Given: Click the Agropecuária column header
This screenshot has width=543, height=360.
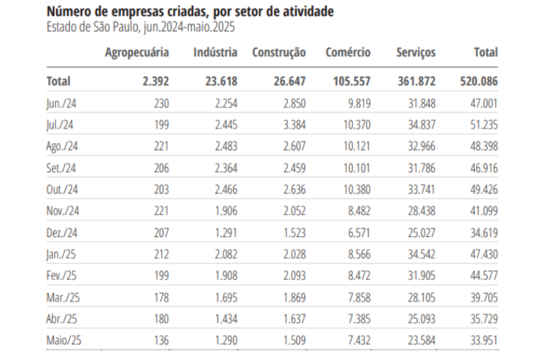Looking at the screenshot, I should (137, 52).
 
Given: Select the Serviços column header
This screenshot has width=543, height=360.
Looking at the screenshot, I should (415, 52).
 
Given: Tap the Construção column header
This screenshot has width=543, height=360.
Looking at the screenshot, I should (278, 52).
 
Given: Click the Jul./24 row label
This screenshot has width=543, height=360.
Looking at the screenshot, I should (61, 125).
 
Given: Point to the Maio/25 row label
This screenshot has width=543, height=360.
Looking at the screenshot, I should (64, 341).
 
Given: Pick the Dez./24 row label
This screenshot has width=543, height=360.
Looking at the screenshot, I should (63, 233).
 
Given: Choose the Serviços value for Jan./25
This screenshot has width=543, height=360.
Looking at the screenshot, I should (421, 255).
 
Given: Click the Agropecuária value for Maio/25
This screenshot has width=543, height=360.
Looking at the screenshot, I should (160, 341).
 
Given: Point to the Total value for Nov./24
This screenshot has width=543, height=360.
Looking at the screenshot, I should (483, 212).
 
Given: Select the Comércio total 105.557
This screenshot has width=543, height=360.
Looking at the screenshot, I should (349, 81).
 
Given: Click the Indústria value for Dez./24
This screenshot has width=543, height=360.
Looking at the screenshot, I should (225, 233).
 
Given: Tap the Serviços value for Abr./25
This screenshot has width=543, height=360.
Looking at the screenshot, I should (421, 320).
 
